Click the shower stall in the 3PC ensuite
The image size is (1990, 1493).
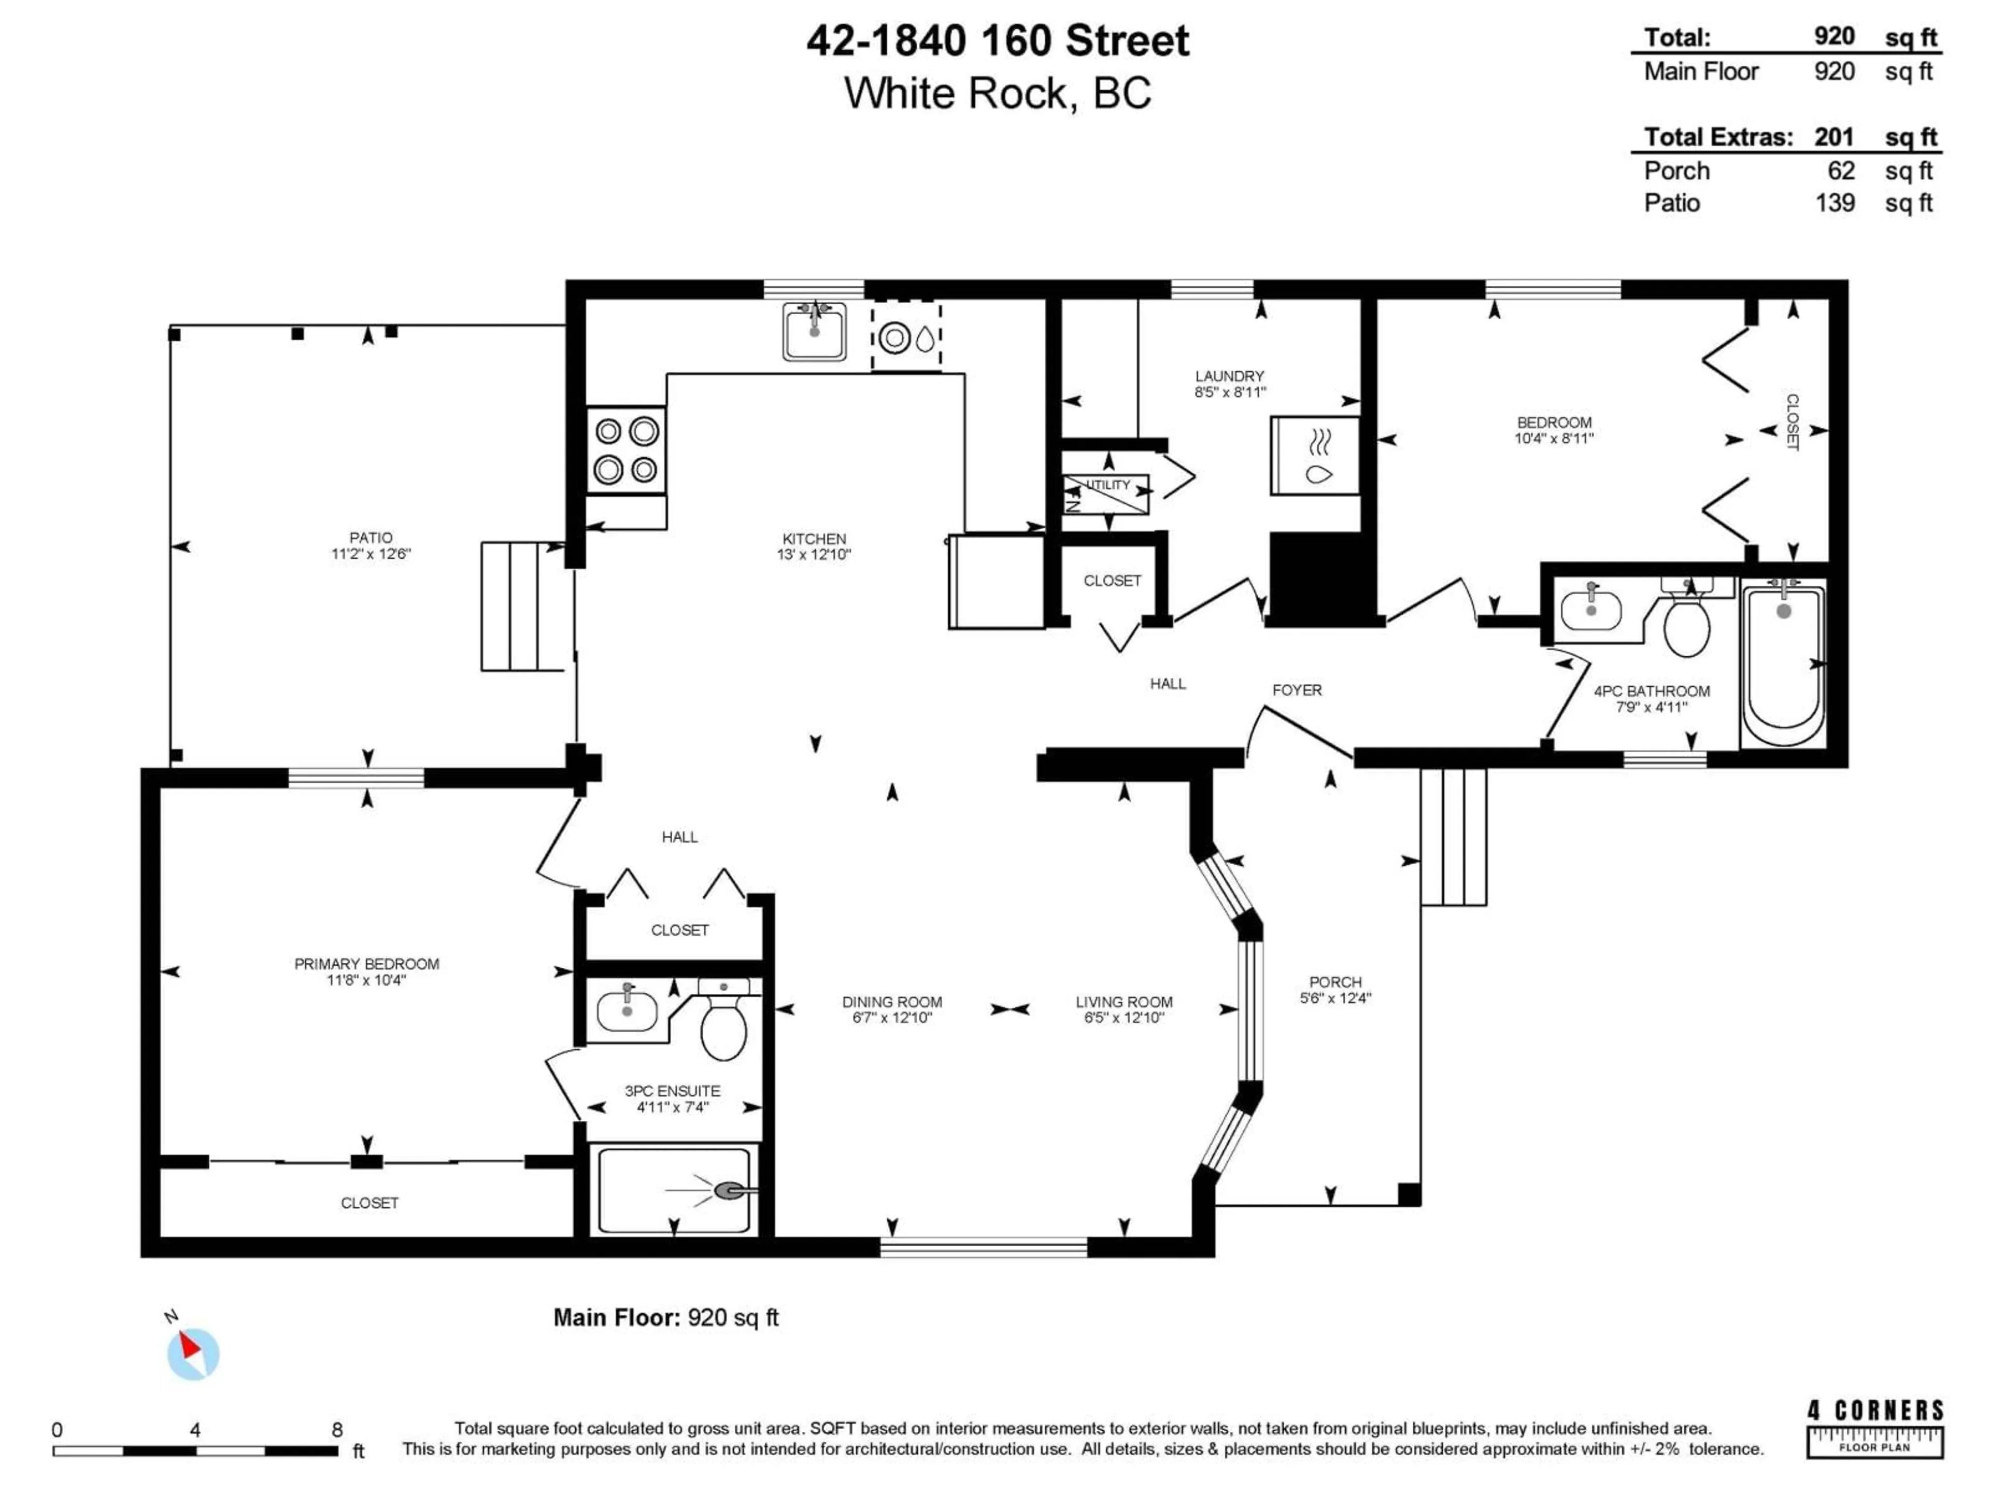click(674, 1190)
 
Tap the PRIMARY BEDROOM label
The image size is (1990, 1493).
click(366, 964)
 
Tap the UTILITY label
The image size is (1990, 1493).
click(1107, 485)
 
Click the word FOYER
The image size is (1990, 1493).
click(1297, 691)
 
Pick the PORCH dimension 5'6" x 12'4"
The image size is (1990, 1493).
click(1335, 998)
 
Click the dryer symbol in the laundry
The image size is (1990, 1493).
click(1314, 455)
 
